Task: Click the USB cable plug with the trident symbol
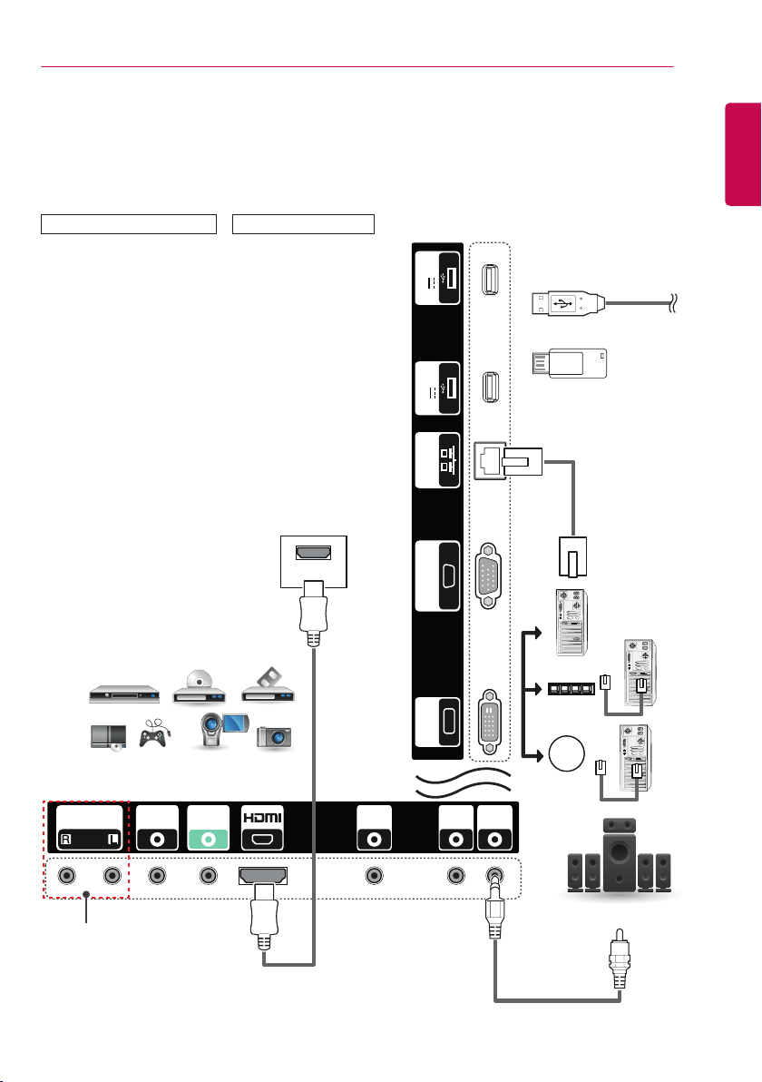[x=568, y=303]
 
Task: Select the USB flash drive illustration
[x=570, y=364]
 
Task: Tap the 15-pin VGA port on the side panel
[x=488, y=575]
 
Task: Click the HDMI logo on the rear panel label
[x=262, y=818]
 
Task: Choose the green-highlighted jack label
[x=209, y=827]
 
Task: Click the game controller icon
[x=154, y=733]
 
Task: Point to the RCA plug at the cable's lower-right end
[x=620, y=959]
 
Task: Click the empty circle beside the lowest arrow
[x=567, y=753]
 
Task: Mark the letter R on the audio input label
[x=66, y=840]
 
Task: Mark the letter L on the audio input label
[x=113, y=840]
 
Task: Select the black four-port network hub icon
[x=571, y=689]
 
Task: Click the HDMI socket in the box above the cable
[x=313, y=554]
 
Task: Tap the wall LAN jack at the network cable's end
[x=572, y=556]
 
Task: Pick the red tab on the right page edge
[x=743, y=154]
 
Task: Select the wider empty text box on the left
[x=129, y=224]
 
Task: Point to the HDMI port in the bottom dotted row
[x=263, y=876]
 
